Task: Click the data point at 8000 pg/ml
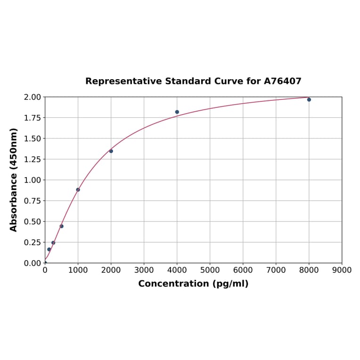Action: tap(309, 99)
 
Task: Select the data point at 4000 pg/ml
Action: tap(177, 112)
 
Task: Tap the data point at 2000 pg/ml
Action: tap(111, 151)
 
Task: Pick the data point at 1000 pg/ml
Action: tap(78, 190)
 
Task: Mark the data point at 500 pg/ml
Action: tap(62, 226)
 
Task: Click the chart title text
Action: tap(193, 82)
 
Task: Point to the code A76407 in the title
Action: tap(282, 82)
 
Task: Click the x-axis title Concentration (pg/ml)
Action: tap(193, 284)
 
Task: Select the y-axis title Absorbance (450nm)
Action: tap(14, 180)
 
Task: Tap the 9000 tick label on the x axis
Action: tap(342, 270)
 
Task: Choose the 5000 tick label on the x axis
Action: tap(210, 270)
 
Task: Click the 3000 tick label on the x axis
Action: tap(144, 270)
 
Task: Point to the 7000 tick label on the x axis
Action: tap(276, 270)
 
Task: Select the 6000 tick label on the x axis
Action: tap(243, 270)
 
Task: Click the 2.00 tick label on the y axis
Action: tap(33, 97)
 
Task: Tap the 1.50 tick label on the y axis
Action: tap(33, 139)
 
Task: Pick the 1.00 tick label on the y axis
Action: tap(33, 180)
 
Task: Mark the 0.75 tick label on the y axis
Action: tap(33, 201)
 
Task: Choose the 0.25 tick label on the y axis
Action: tap(33, 242)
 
